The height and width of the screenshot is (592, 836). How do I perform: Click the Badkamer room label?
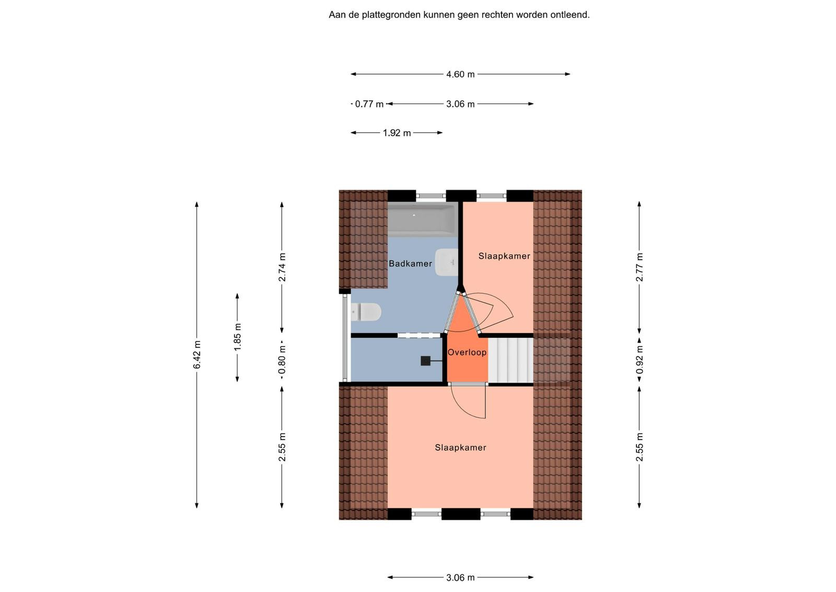(410, 264)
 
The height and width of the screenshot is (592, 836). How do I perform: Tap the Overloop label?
(467, 352)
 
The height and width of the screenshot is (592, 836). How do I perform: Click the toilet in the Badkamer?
(366, 312)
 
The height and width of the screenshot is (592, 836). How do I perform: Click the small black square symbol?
(425, 361)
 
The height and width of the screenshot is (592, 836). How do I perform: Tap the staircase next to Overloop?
(510, 360)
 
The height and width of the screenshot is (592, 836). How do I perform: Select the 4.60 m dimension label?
(460, 74)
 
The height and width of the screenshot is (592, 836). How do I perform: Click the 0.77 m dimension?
(369, 104)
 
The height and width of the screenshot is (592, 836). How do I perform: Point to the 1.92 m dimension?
(397, 133)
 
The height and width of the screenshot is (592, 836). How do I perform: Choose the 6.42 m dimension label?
(197, 355)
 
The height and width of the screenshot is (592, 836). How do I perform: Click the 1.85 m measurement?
(237, 337)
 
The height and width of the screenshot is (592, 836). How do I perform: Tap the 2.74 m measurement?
(282, 267)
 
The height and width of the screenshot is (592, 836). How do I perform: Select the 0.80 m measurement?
(282, 360)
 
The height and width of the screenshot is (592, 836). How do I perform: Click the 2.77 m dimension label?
(640, 267)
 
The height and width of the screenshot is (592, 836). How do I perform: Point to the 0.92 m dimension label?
(640, 360)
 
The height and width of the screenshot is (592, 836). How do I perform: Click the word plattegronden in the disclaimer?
(391, 15)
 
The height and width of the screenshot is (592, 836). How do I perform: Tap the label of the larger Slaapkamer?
(460, 448)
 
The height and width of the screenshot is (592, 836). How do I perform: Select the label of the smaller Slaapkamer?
(504, 256)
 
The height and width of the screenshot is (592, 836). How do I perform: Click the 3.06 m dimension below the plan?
(460, 578)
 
